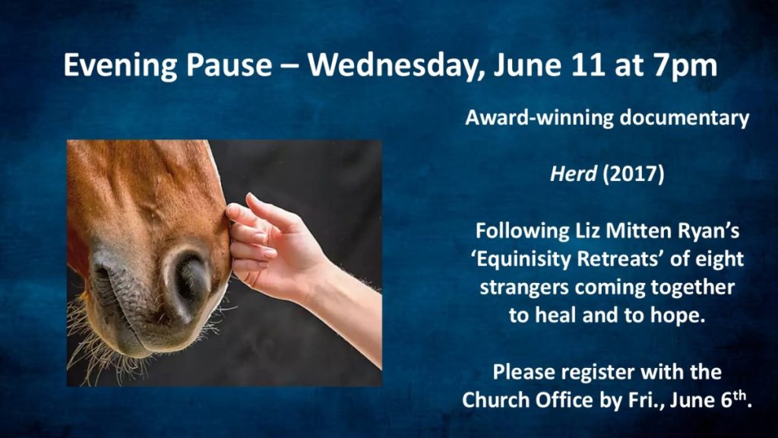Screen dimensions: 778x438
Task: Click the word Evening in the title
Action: (x=120, y=65)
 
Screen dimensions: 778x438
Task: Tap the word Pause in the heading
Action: (x=229, y=65)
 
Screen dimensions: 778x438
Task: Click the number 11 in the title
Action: (x=588, y=65)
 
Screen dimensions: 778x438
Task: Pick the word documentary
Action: (x=685, y=118)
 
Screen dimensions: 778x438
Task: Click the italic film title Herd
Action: (x=573, y=174)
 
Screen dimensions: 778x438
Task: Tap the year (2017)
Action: (x=633, y=174)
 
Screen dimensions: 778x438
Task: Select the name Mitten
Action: (x=634, y=231)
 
